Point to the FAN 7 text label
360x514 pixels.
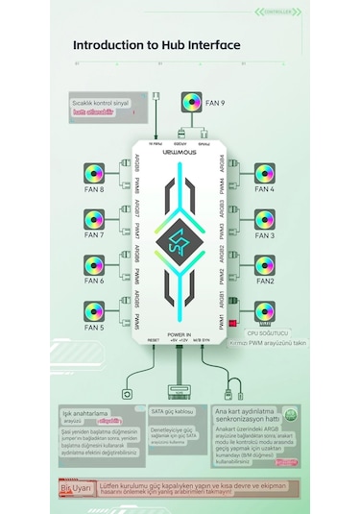(x=94, y=235)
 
